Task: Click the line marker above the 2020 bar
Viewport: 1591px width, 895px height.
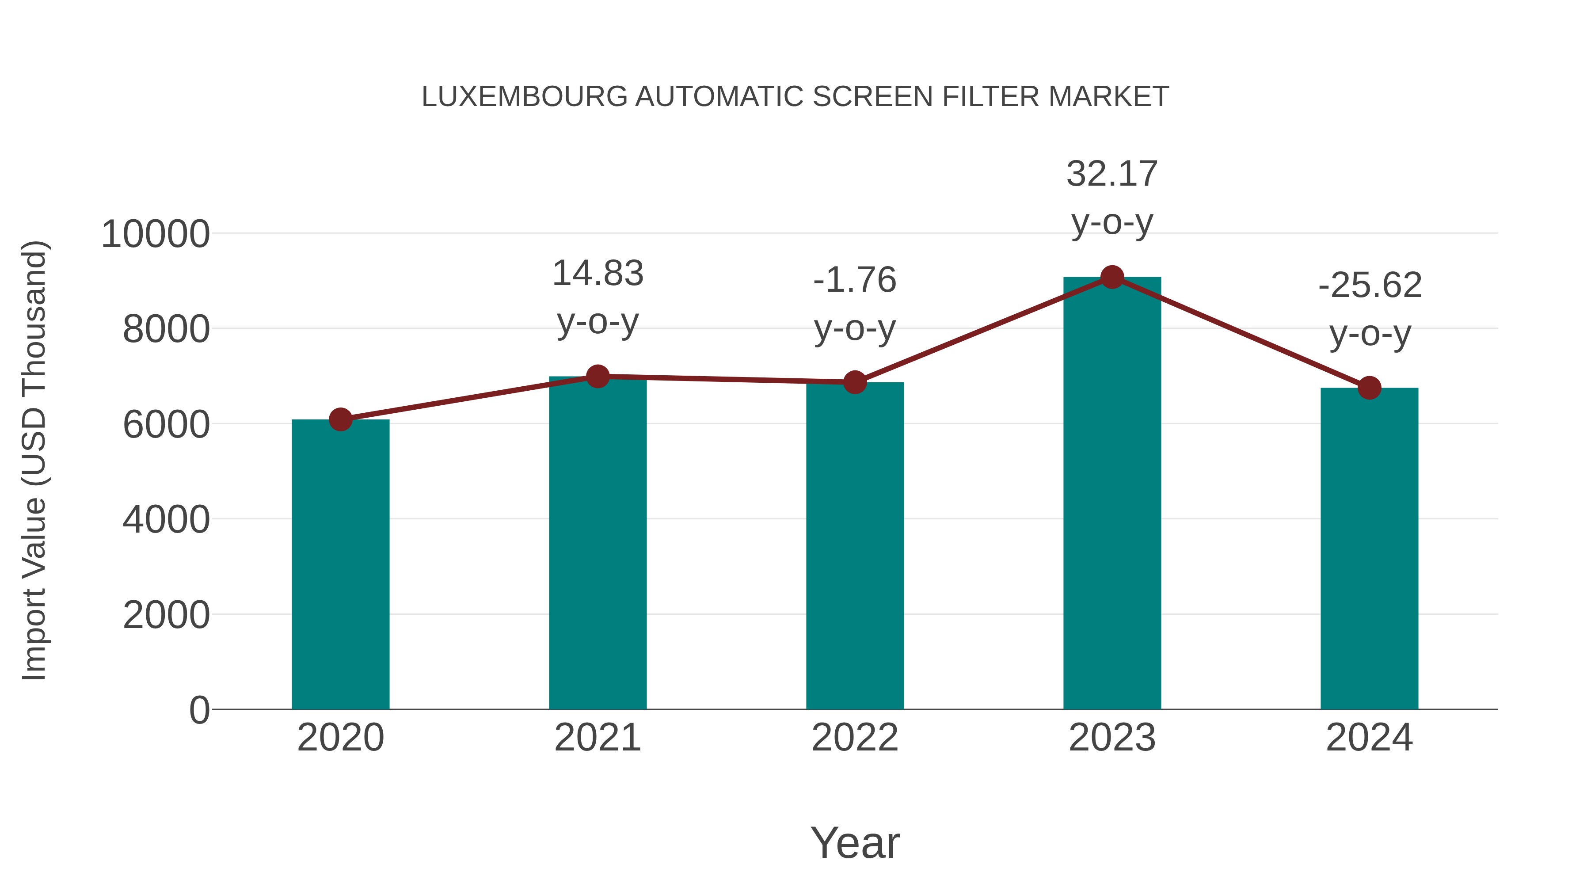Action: tap(340, 419)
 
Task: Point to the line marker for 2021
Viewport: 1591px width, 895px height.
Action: tap(597, 376)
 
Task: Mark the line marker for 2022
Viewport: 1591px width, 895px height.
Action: tap(855, 382)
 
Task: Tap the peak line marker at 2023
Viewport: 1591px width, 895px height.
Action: tap(1112, 277)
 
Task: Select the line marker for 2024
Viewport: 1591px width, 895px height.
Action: tap(1369, 388)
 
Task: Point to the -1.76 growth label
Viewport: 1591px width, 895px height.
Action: tap(855, 304)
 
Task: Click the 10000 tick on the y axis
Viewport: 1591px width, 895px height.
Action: tap(155, 234)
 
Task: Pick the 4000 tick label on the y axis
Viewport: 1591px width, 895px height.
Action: tap(166, 519)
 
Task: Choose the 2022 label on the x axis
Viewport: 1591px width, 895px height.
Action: tap(855, 738)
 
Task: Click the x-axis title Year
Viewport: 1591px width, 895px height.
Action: tap(855, 842)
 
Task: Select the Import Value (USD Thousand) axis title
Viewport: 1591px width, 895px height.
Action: tap(34, 460)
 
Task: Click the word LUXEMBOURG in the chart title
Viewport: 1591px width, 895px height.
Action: tap(524, 96)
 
